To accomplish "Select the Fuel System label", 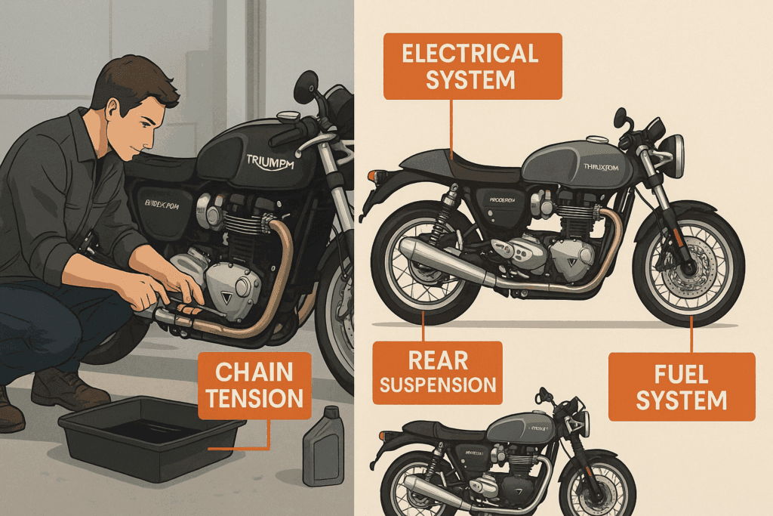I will pyautogui.click(x=681, y=386).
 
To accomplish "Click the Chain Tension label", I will pyautogui.click(x=254, y=385).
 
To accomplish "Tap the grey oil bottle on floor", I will pyautogui.click(x=323, y=446).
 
